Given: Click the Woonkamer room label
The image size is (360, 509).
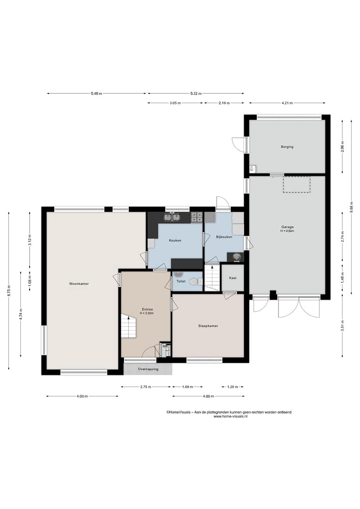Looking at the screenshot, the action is pos(79,284).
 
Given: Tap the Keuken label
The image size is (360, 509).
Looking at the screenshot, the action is pos(175,240).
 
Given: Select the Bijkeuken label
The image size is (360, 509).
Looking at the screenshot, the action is pos(224,237).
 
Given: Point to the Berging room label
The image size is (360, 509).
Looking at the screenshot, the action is pos(287,147).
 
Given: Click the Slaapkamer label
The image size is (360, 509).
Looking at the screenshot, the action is pos(208,326).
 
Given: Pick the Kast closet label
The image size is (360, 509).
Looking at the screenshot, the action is pos(233,278).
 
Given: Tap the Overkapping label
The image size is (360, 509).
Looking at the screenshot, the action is pos(148,369).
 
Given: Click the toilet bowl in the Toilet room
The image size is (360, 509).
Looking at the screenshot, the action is pos(194,281).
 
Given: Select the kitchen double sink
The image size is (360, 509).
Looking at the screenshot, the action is pos(172,216).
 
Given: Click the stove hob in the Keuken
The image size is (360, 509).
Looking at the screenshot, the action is pos(196,217).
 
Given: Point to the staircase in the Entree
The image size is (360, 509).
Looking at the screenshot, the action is pos(129,326).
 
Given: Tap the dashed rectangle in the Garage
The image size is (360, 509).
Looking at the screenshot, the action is pos(297,185).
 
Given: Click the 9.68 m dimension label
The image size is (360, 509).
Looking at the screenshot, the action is pos(351,207).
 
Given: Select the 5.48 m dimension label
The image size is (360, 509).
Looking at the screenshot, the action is pos(97,93).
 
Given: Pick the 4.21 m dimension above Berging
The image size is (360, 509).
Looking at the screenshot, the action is pos(287,103).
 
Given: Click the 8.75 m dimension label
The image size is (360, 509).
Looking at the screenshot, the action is pos(9,290).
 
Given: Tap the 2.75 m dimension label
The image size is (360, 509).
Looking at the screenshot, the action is pos(146,387).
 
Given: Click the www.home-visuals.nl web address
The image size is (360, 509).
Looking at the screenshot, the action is pos(230,416).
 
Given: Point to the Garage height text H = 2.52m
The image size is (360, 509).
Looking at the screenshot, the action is pos(287,231).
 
